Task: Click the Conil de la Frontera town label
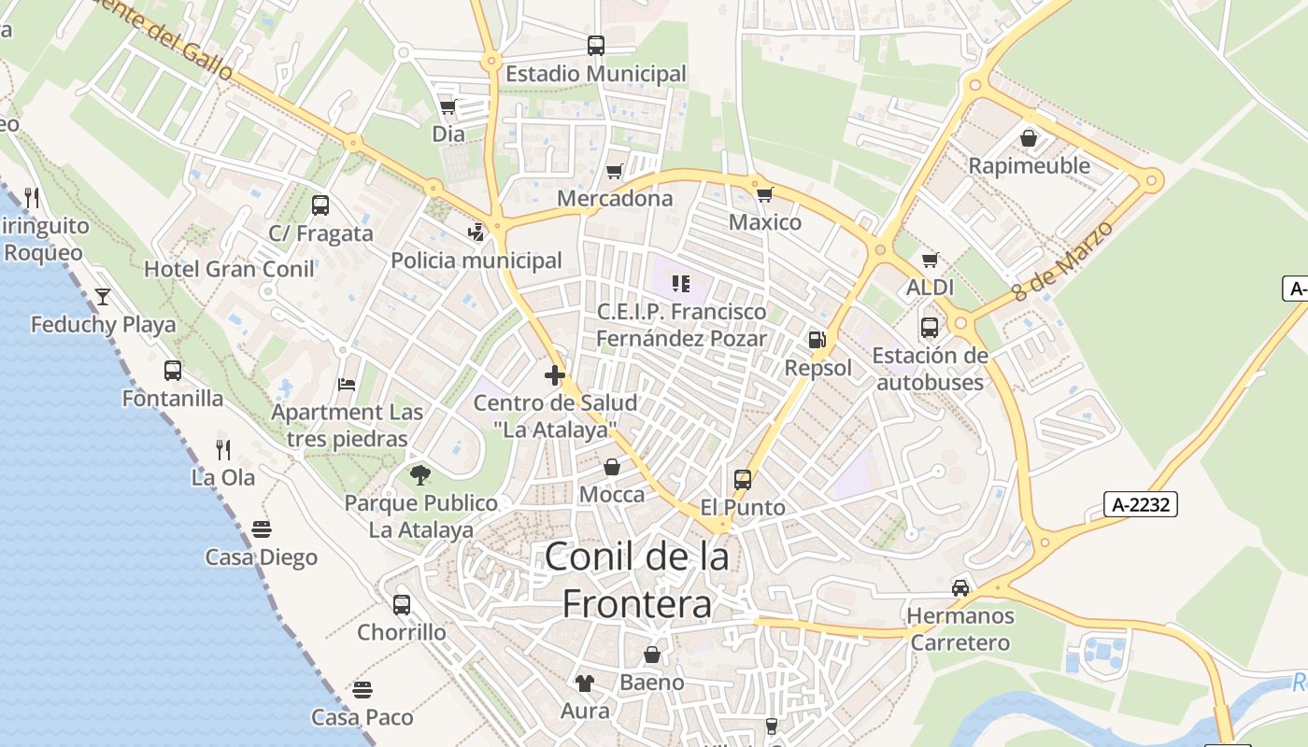pos(636,580)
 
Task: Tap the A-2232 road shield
pos(1140,504)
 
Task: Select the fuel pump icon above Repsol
pos(817,340)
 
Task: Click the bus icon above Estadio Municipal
pos(595,45)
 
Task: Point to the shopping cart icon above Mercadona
pos(614,171)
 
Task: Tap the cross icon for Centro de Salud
pos(555,375)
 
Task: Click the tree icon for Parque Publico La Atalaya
pos(420,475)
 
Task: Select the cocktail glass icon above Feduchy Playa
pos(103,297)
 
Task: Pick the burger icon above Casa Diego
pos(262,529)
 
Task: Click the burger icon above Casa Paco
pos(363,690)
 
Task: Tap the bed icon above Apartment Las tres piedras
pos(347,384)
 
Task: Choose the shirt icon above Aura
pos(585,683)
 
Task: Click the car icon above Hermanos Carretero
pos(960,588)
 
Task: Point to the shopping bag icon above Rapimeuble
pos(1029,138)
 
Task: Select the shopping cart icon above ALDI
pos(930,260)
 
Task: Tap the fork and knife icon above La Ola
pos(223,449)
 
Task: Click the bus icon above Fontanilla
pos(173,370)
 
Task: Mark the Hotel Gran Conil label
pos(229,269)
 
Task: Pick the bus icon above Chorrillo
pos(402,604)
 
